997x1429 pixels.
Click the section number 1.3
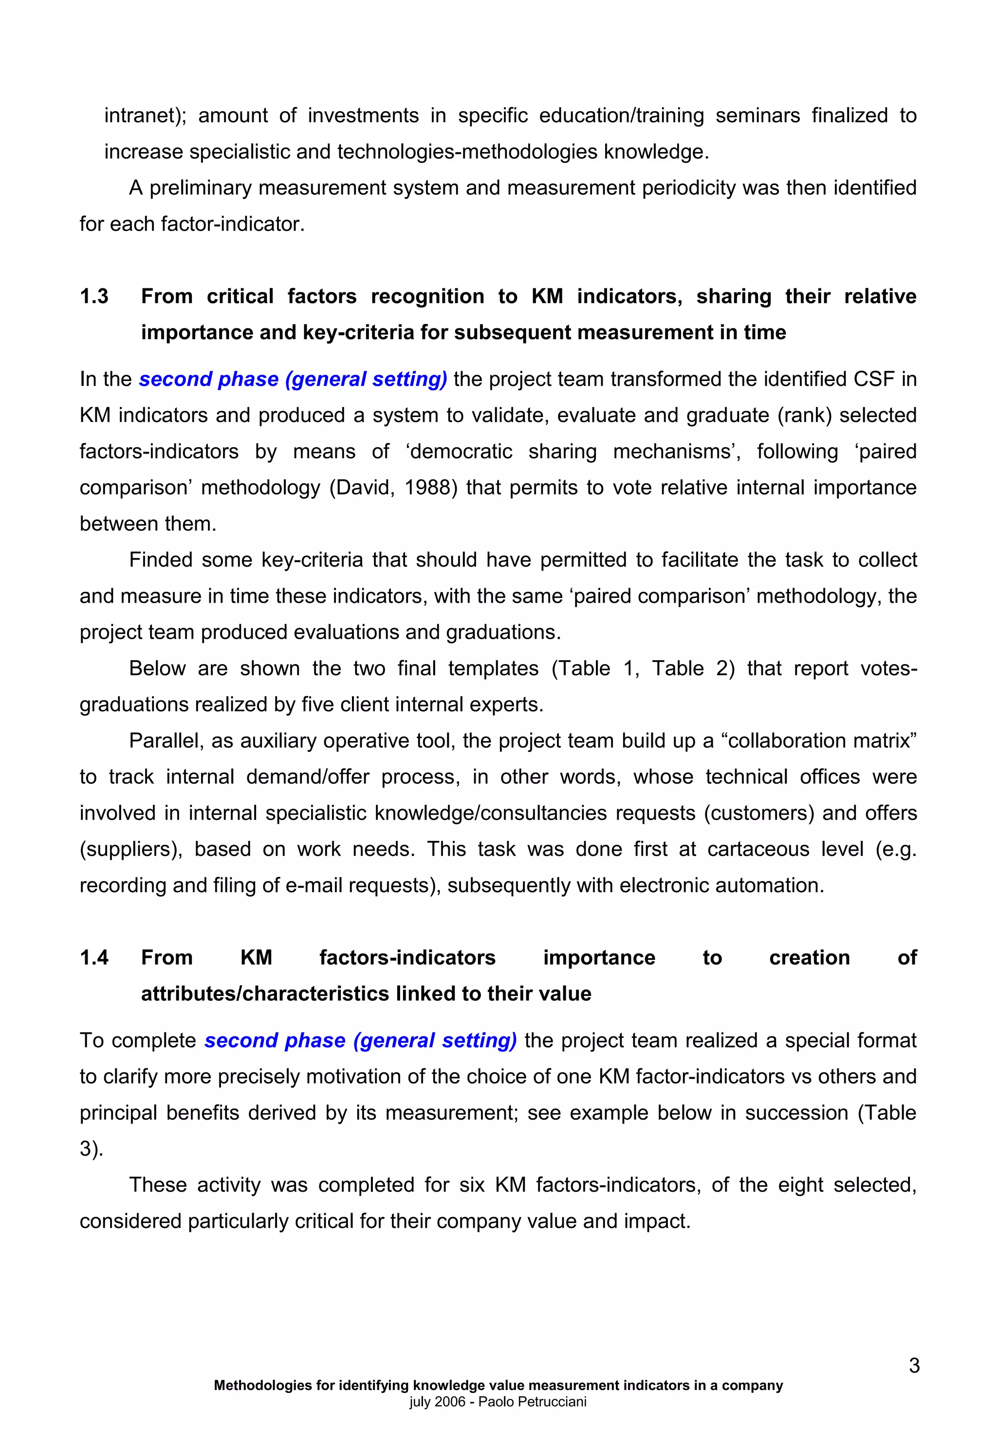[94, 296]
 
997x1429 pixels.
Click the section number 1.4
[94, 957]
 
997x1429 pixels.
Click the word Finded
[159, 559]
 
